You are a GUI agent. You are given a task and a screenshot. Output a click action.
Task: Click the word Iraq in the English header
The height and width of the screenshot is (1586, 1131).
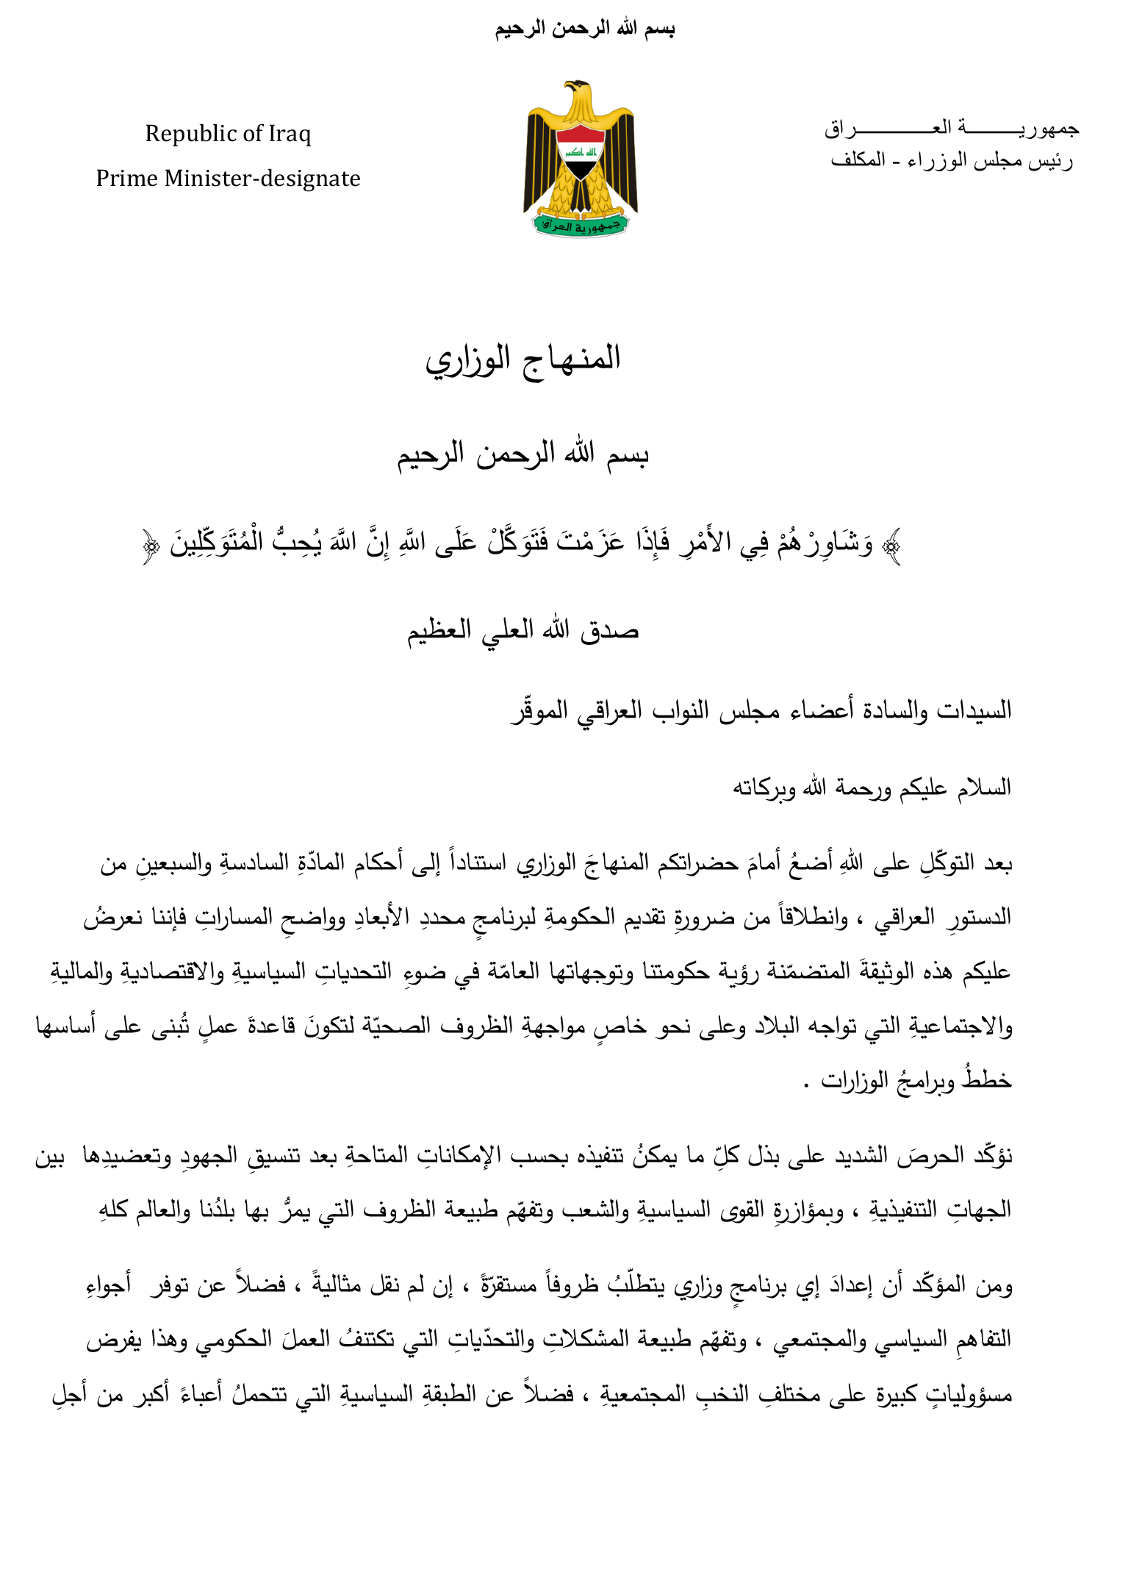pos(289,134)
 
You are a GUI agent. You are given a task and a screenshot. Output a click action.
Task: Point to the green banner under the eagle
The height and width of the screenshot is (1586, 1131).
pos(580,225)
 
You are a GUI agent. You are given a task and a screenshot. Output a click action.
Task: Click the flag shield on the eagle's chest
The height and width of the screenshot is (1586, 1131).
pos(580,151)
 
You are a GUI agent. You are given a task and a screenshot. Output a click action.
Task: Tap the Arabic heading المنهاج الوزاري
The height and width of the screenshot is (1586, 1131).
pos(523,359)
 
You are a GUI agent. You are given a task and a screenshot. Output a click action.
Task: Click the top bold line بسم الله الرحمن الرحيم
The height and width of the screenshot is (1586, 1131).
pos(584,29)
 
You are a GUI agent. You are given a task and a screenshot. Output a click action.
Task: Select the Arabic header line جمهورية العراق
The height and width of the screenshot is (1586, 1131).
pos(951,129)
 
